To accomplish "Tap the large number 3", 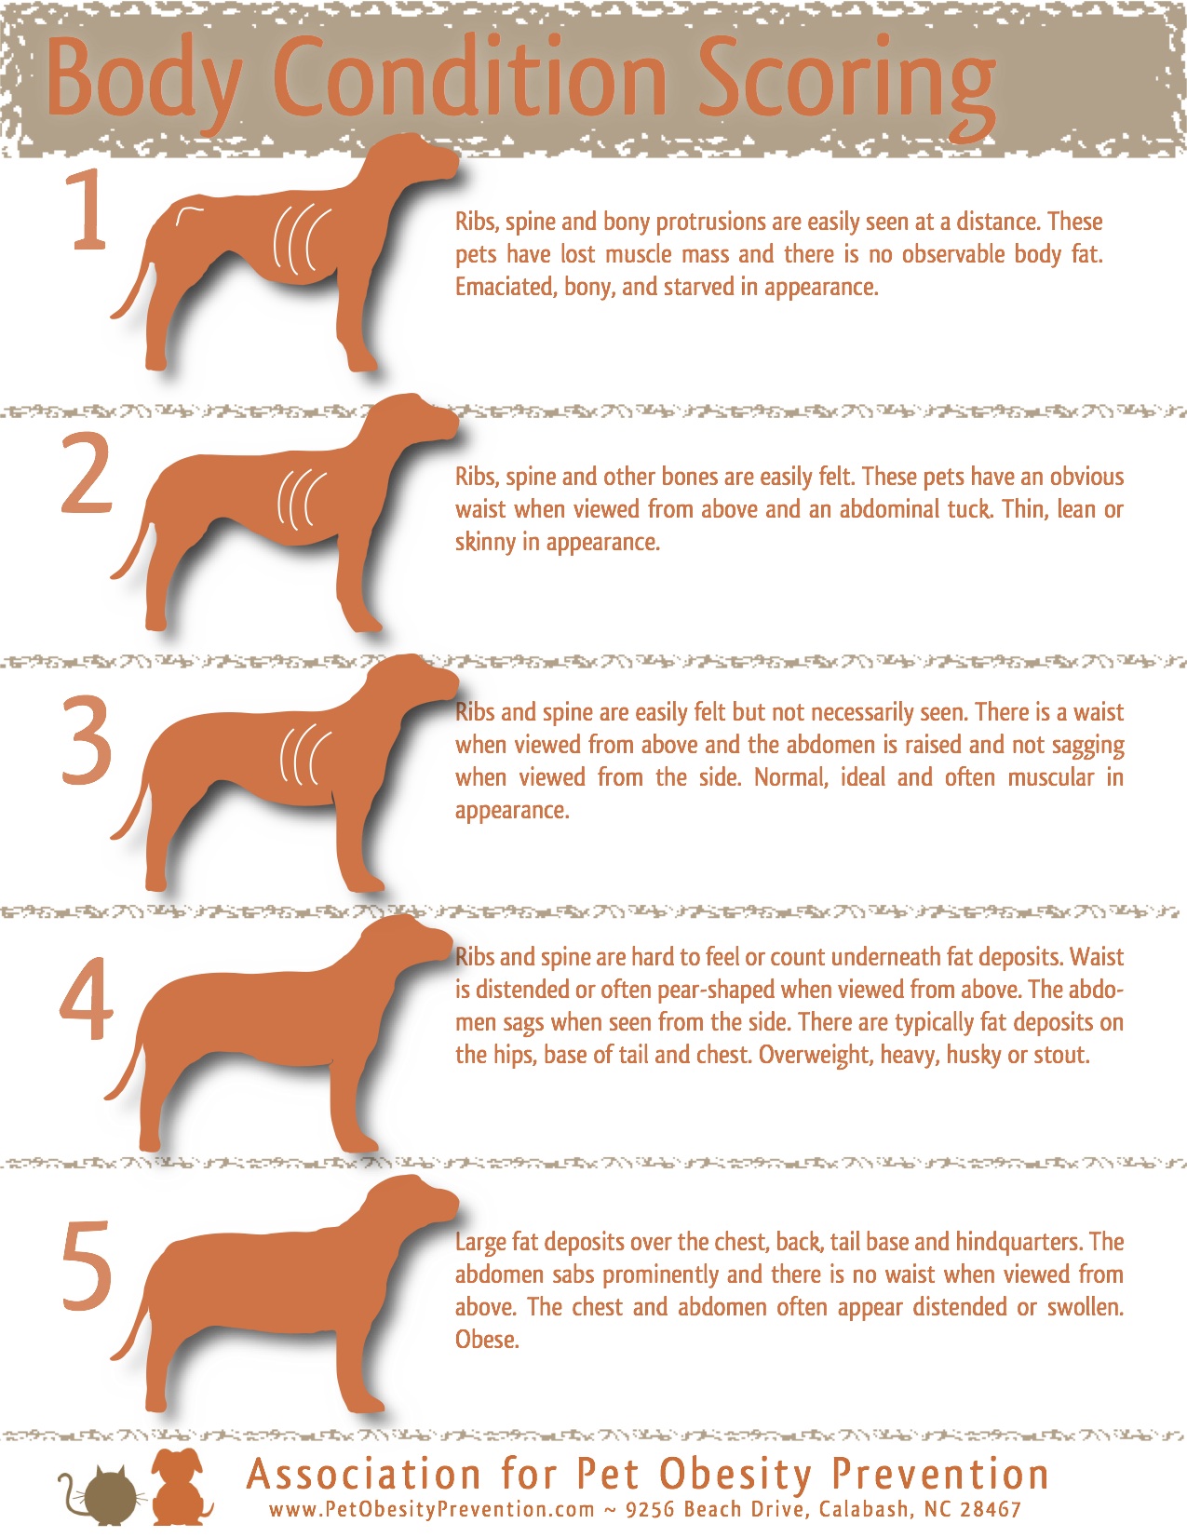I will [87, 740].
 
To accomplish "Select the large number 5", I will [87, 1266].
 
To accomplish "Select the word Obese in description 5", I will [486, 1340].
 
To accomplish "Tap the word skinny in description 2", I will [484, 542].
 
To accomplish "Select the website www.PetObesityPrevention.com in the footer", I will [431, 1509].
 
